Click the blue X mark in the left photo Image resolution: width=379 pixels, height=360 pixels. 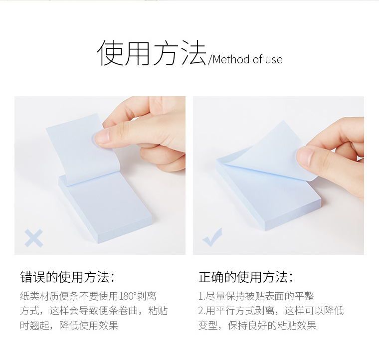34,238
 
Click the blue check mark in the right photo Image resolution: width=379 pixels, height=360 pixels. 212,237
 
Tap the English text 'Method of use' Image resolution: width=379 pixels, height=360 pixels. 247,59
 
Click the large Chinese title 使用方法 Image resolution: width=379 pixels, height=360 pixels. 152,53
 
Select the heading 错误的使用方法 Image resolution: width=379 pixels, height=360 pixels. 67,277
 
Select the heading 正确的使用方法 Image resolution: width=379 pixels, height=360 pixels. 245,277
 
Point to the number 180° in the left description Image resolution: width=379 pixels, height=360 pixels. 128,296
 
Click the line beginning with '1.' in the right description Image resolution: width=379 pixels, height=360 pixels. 256,296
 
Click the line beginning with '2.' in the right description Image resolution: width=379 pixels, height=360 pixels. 271,311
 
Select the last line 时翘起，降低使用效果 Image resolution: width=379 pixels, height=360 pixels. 69,326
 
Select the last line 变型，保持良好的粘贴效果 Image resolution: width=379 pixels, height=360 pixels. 257,326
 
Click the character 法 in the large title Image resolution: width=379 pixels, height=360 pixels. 193,53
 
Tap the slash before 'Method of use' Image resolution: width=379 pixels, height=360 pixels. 210,60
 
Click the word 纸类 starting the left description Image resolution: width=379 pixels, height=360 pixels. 30,296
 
